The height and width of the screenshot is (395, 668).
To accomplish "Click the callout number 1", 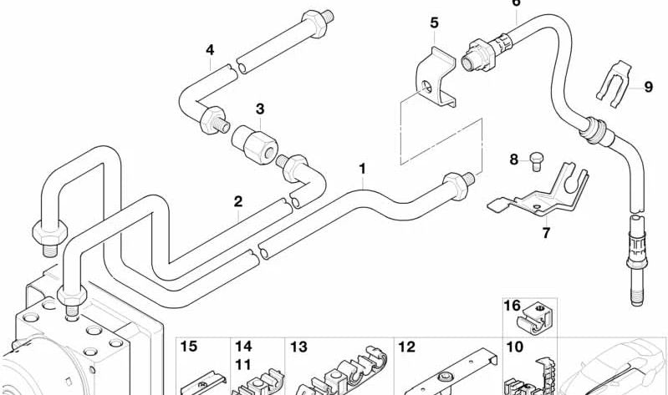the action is coord(362,169).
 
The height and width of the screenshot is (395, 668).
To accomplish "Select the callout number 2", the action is coord(238,201).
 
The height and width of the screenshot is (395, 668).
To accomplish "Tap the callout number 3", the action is coord(260,109).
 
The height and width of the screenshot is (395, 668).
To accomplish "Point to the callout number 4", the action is coord(210,50).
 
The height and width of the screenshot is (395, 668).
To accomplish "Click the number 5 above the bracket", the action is coord(434,23).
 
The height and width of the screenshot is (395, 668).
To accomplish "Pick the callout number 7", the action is coord(546,233).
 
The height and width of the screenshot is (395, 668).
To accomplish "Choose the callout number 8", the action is coord(514,160).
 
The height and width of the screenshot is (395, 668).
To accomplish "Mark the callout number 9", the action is coord(649,87).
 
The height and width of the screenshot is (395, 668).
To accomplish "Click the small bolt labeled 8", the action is coord(537,161).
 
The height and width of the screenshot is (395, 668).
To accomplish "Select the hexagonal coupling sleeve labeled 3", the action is coord(255,144).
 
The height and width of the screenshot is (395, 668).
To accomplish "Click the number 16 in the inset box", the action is coord(512,306).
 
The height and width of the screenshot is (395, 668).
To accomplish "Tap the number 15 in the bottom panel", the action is coord(189,347).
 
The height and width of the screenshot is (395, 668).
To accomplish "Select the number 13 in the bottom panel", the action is coord(298,347).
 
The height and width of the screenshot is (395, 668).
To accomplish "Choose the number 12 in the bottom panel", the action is coord(406,347).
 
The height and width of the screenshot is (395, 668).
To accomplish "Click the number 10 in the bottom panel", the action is coord(515,347).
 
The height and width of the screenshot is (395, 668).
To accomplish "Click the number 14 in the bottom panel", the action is coord(243,347).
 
